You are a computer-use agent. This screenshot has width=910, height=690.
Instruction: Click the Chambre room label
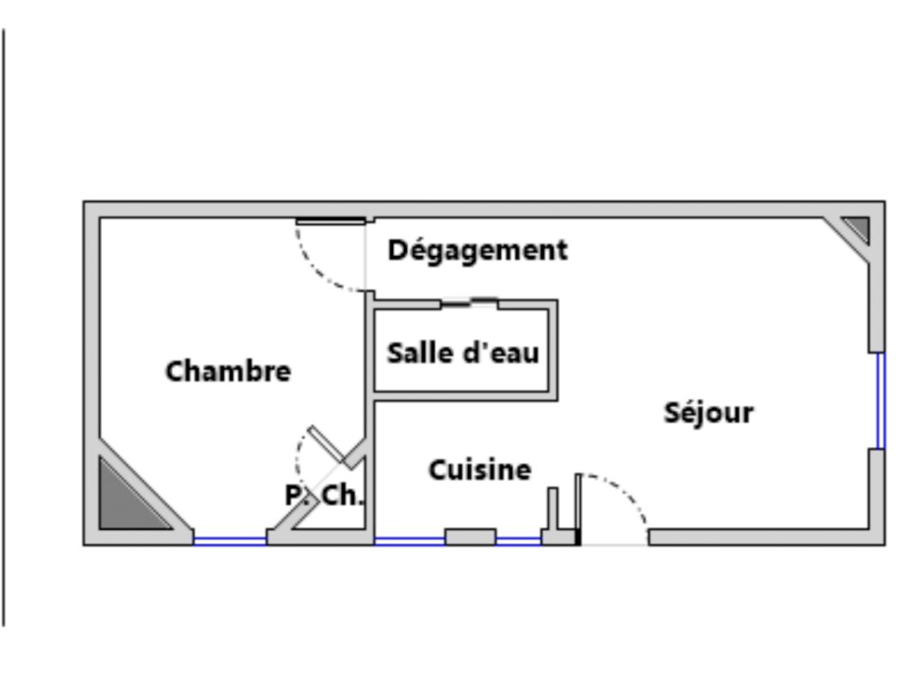[x=228, y=372]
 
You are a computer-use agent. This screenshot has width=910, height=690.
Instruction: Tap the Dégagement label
[x=477, y=250]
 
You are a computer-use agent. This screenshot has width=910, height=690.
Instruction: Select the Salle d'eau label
[x=463, y=353]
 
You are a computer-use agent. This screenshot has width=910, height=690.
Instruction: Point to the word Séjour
[x=708, y=412]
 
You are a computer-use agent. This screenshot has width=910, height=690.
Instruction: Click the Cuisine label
[x=480, y=470]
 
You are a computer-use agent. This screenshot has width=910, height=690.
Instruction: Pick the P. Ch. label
[x=325, y=496]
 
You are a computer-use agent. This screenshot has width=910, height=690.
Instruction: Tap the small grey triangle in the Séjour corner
[x=857, y=228]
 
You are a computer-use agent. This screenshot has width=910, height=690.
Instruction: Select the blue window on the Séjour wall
[x=880, y=400]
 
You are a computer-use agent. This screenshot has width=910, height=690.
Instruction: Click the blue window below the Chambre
[x=229, y=541]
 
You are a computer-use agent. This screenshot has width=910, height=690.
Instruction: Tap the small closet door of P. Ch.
[x=327, y=444]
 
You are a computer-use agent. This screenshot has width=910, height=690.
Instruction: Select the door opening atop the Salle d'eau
[x=470, y=302]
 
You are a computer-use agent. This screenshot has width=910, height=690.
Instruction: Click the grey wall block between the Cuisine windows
[x=471, y=537]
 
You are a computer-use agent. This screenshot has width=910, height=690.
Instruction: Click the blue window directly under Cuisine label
[x=409, y=541]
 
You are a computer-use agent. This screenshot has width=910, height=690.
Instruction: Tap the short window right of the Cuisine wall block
[x=519, y=541]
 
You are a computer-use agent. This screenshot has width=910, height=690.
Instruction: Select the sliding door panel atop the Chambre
[x=330, y=222]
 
